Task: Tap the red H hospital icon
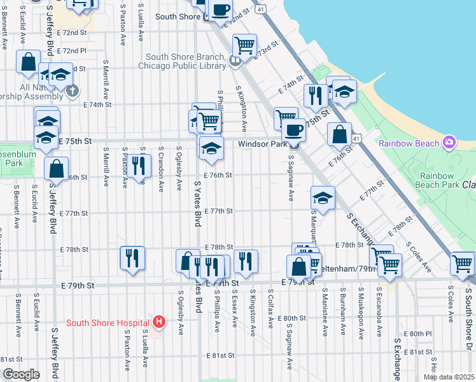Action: [159, 322]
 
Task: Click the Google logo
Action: [20, 374]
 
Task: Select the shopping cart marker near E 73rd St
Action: [244, 46]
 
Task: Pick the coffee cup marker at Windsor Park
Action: [293, 131]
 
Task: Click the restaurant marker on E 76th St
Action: [138, 166]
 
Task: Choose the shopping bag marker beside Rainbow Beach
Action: [340, 134]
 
